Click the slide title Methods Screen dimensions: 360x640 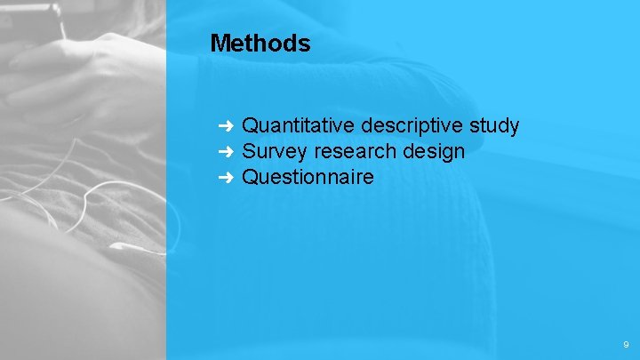260,43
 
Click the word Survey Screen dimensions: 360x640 270,151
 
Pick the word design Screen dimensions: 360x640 434,151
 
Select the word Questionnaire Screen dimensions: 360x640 308,177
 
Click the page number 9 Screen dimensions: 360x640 626,344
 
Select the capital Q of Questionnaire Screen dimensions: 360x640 250,177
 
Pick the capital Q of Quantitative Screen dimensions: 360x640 250,125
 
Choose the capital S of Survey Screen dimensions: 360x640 249,151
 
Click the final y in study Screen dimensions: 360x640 514,127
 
